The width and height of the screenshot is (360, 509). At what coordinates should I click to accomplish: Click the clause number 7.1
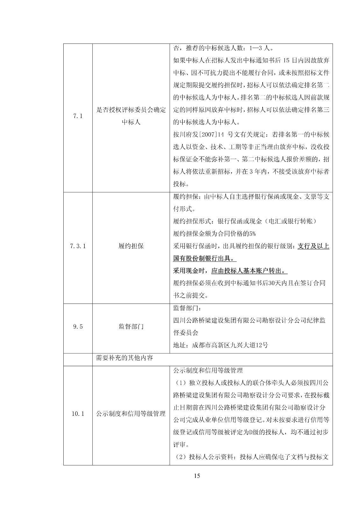(x=78, y=116)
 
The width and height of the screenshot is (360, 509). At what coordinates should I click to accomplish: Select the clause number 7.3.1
(x=78, y=246)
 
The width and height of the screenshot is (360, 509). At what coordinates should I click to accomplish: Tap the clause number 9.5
(x=78, y=327)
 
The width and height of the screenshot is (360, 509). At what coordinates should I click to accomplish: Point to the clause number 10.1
(x=78, y=414)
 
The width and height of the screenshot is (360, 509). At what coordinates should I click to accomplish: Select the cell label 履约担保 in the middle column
(x=131, y=246)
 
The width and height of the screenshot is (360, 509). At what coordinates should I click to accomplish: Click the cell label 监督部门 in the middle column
(x=131, y=327)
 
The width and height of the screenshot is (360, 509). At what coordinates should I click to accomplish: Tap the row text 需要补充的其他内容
(x=124, y=358)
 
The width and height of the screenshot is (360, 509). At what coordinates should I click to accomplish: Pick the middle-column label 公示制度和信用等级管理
(x=131, y=414)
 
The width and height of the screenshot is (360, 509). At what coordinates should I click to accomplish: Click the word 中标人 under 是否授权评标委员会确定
(x=131, y=122)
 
